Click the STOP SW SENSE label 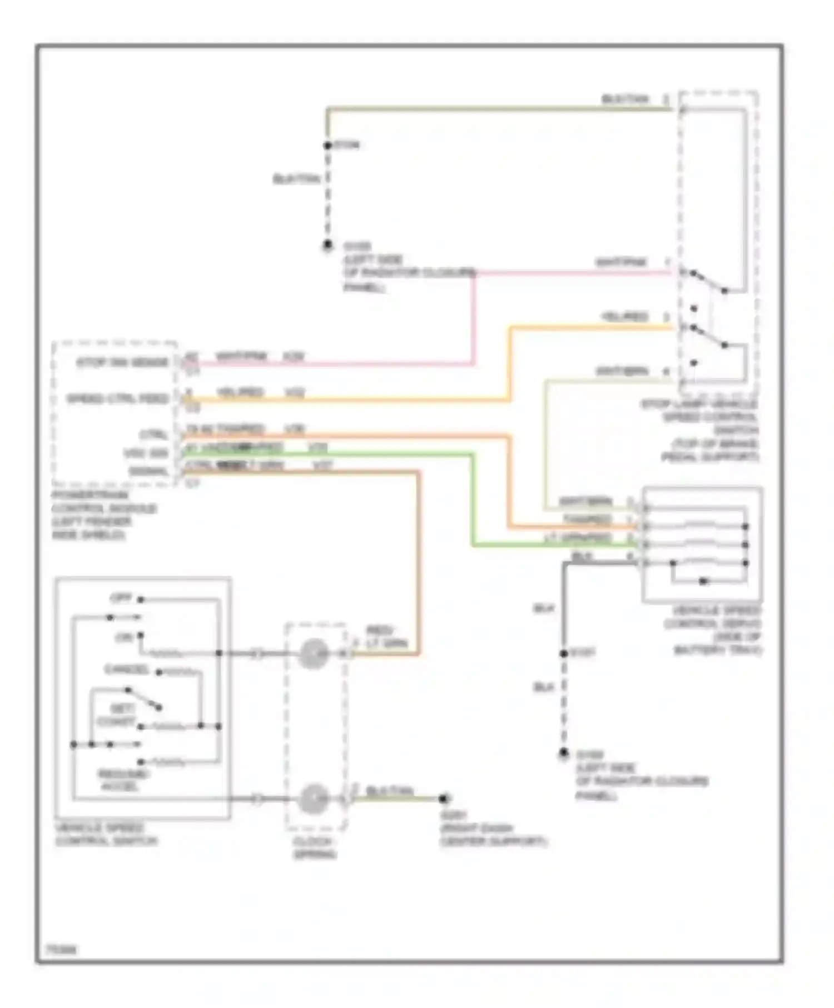click(122, 363)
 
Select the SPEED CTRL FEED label click(117, 399)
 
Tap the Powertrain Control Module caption click(104, 515)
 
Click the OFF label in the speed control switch click(121, 598)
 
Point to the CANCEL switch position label click(126, 670)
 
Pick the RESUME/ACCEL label click(123, 780)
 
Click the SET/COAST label click(117, 715)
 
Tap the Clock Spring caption click(314, 848)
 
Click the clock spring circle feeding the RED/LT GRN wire click(314, 653)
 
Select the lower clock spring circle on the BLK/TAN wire click(314, 799)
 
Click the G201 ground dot click(443, 799)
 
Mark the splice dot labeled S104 click(327, 146)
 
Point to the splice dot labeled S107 click(564, 653)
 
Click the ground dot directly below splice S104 click(327, 244)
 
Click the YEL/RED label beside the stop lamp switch click(625, 317)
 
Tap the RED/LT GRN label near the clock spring click(386, 637)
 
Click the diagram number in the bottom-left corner click(61, 950)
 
